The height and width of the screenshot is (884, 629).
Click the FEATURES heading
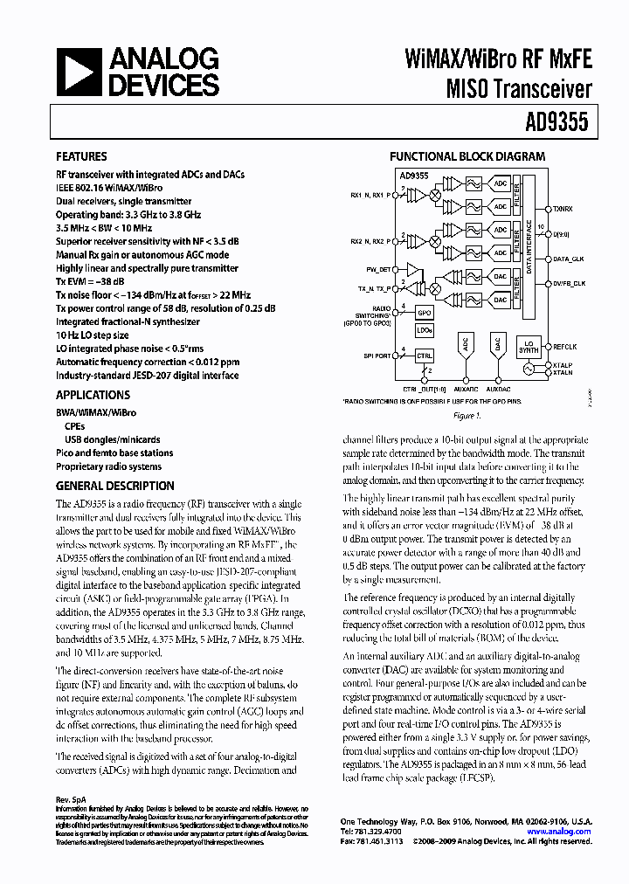click(82, 158)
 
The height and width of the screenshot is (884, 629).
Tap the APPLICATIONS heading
click(93, 395)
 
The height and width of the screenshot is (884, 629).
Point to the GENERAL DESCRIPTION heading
click(115, 486)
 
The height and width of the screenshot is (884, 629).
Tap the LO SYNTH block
click(527, 347)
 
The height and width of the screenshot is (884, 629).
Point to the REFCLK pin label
click(563, 347)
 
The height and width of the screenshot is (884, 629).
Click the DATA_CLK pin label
click(568, 259)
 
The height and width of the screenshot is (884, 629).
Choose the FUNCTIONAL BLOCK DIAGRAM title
click(467, 157)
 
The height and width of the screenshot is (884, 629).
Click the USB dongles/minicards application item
click(112, 440)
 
